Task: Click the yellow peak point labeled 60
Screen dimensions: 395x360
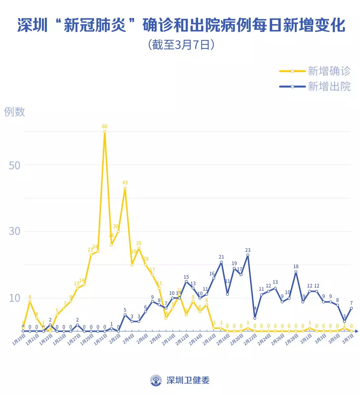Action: (105, 131)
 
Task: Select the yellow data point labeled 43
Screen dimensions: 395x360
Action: (125, 188)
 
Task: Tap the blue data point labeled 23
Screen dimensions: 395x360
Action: (248, 255)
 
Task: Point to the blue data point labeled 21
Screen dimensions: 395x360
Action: (221, 262)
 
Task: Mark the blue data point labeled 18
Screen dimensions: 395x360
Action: (296, 272)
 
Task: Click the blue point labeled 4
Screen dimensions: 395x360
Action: (255, 318)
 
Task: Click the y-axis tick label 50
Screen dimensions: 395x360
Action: (14, 165)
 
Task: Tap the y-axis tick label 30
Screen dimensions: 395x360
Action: (14, 231)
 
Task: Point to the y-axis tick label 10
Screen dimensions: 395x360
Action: (14, 298)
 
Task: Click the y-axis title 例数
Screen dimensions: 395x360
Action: (14, 112)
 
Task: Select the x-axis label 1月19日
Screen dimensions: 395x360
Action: (19, 340)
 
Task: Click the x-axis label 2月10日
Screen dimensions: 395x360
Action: (169, 340)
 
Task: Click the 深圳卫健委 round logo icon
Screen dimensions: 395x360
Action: (156, 380)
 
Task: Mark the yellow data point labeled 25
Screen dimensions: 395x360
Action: (139, 248)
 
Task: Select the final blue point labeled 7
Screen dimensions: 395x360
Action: (351, 308)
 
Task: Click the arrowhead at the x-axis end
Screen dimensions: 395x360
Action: (357, 331)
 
